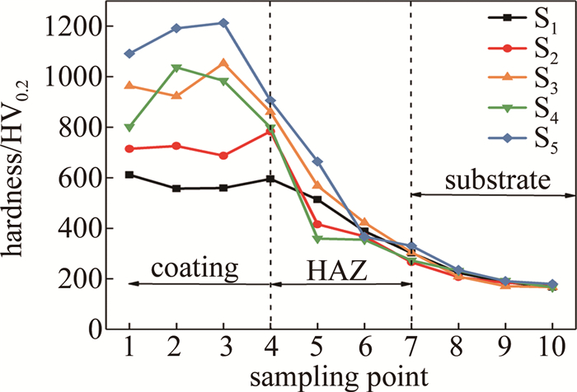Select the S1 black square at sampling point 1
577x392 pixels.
point(129,175)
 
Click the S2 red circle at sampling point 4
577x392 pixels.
point(270,130)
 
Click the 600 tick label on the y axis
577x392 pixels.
point(91,178)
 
